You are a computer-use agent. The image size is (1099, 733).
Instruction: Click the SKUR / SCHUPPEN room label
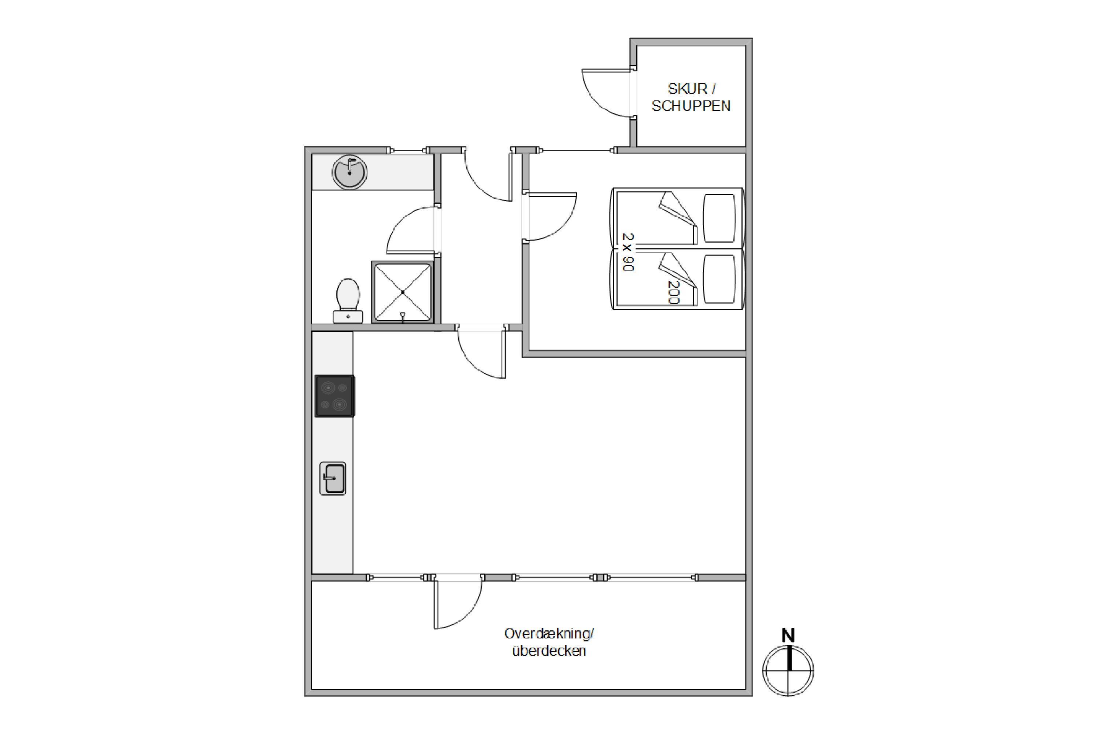(x=691, y=97)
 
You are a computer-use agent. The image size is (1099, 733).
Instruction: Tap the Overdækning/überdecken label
(x=549, y=642)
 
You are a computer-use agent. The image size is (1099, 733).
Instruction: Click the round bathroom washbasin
(x=349, y=172)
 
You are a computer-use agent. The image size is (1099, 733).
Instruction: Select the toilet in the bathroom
(x=348, y=301)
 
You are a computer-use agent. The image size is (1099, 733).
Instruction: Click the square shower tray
(x=403, y=292)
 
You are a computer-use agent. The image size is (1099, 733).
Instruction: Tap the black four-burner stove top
(x=334, y=395)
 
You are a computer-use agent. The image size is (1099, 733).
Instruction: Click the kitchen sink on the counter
(x=333, y=478)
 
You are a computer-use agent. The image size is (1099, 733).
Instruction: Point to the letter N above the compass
(x=788, y=635)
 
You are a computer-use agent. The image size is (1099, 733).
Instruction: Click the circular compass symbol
(x=788, y=671)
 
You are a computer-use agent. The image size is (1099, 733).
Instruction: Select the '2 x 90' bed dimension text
(x=628, y=253)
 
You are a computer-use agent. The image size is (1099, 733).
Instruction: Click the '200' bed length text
(x=673, y=292)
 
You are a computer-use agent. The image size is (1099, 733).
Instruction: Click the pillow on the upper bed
(x=719, y=218)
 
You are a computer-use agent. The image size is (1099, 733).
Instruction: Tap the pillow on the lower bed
(x=719, y=279)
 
